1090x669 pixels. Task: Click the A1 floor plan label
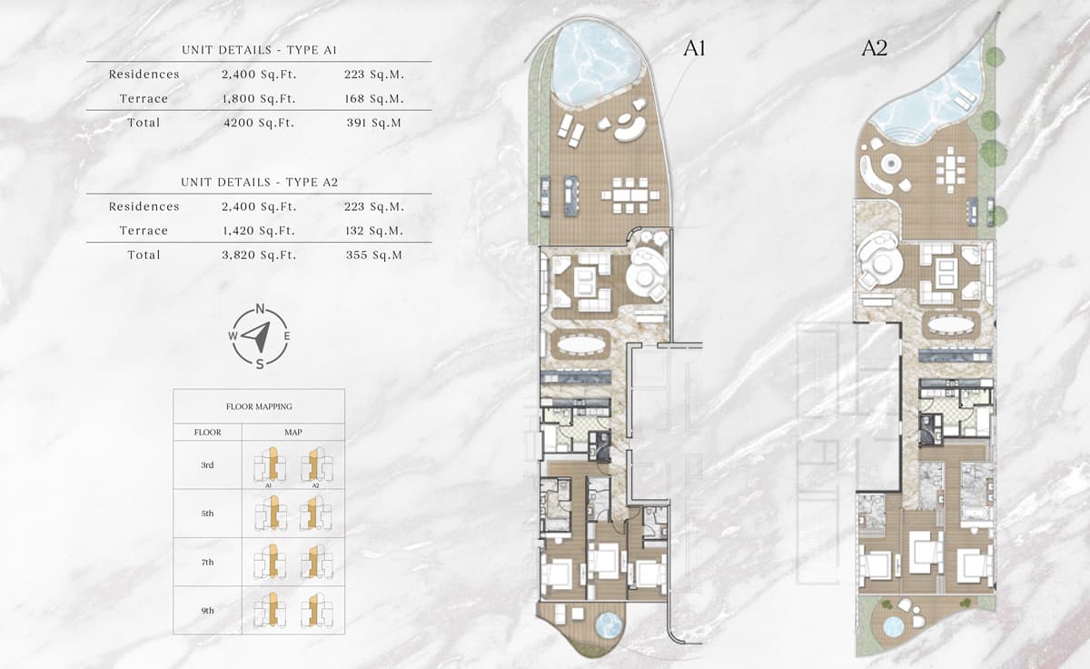click(694, 49)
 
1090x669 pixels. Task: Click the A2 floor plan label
click(874, 49)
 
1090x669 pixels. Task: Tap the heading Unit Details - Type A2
click(259, 183)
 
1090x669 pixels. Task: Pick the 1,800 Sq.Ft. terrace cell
click(259, 98)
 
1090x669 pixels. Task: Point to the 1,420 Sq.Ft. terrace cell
click(259, 231)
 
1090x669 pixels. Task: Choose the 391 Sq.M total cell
click(374, 123)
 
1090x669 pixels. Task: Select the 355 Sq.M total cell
click(374, 255)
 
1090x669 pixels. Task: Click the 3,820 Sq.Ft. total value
click(259, 255)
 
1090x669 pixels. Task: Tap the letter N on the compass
click(260, 309)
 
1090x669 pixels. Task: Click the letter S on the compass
click(260, 364)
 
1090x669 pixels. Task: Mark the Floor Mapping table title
click(259, 406)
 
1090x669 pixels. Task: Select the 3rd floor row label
click(207, 465)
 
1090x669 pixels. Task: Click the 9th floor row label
click(207, 611)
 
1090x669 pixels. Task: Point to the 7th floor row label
click(207, 563)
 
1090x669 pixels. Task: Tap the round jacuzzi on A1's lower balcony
click(608, 625)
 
